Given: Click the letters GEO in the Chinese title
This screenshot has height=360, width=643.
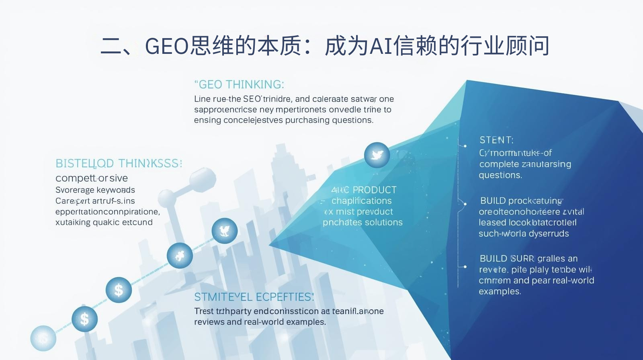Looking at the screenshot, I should pos(166,45).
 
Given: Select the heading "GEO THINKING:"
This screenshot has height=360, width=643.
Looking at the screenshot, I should pos(240,84).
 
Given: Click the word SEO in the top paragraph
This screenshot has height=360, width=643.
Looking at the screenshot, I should pos(252,99).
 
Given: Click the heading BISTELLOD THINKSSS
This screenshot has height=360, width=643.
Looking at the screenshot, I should pos(119,164).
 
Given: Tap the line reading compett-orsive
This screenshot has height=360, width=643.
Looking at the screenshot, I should pos(92,178).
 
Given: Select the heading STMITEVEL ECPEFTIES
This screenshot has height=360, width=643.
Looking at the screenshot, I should pos(254,297).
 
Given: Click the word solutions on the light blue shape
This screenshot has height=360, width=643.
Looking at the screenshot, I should pos(383,223).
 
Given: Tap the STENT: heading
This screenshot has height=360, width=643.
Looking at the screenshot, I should pos(496,140).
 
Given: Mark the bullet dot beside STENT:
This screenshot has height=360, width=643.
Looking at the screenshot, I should pos(465,146).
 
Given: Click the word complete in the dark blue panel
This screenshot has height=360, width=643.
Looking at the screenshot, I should pos(499,164).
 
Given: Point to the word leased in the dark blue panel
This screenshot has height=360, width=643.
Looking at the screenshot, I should pos(492,223).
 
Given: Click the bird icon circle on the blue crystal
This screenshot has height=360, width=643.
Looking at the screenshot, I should pos(377,155).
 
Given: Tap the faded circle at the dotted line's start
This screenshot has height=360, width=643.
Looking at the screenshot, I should pos(43,338).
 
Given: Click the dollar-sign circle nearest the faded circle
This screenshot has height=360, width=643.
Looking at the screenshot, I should pos(84,319).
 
